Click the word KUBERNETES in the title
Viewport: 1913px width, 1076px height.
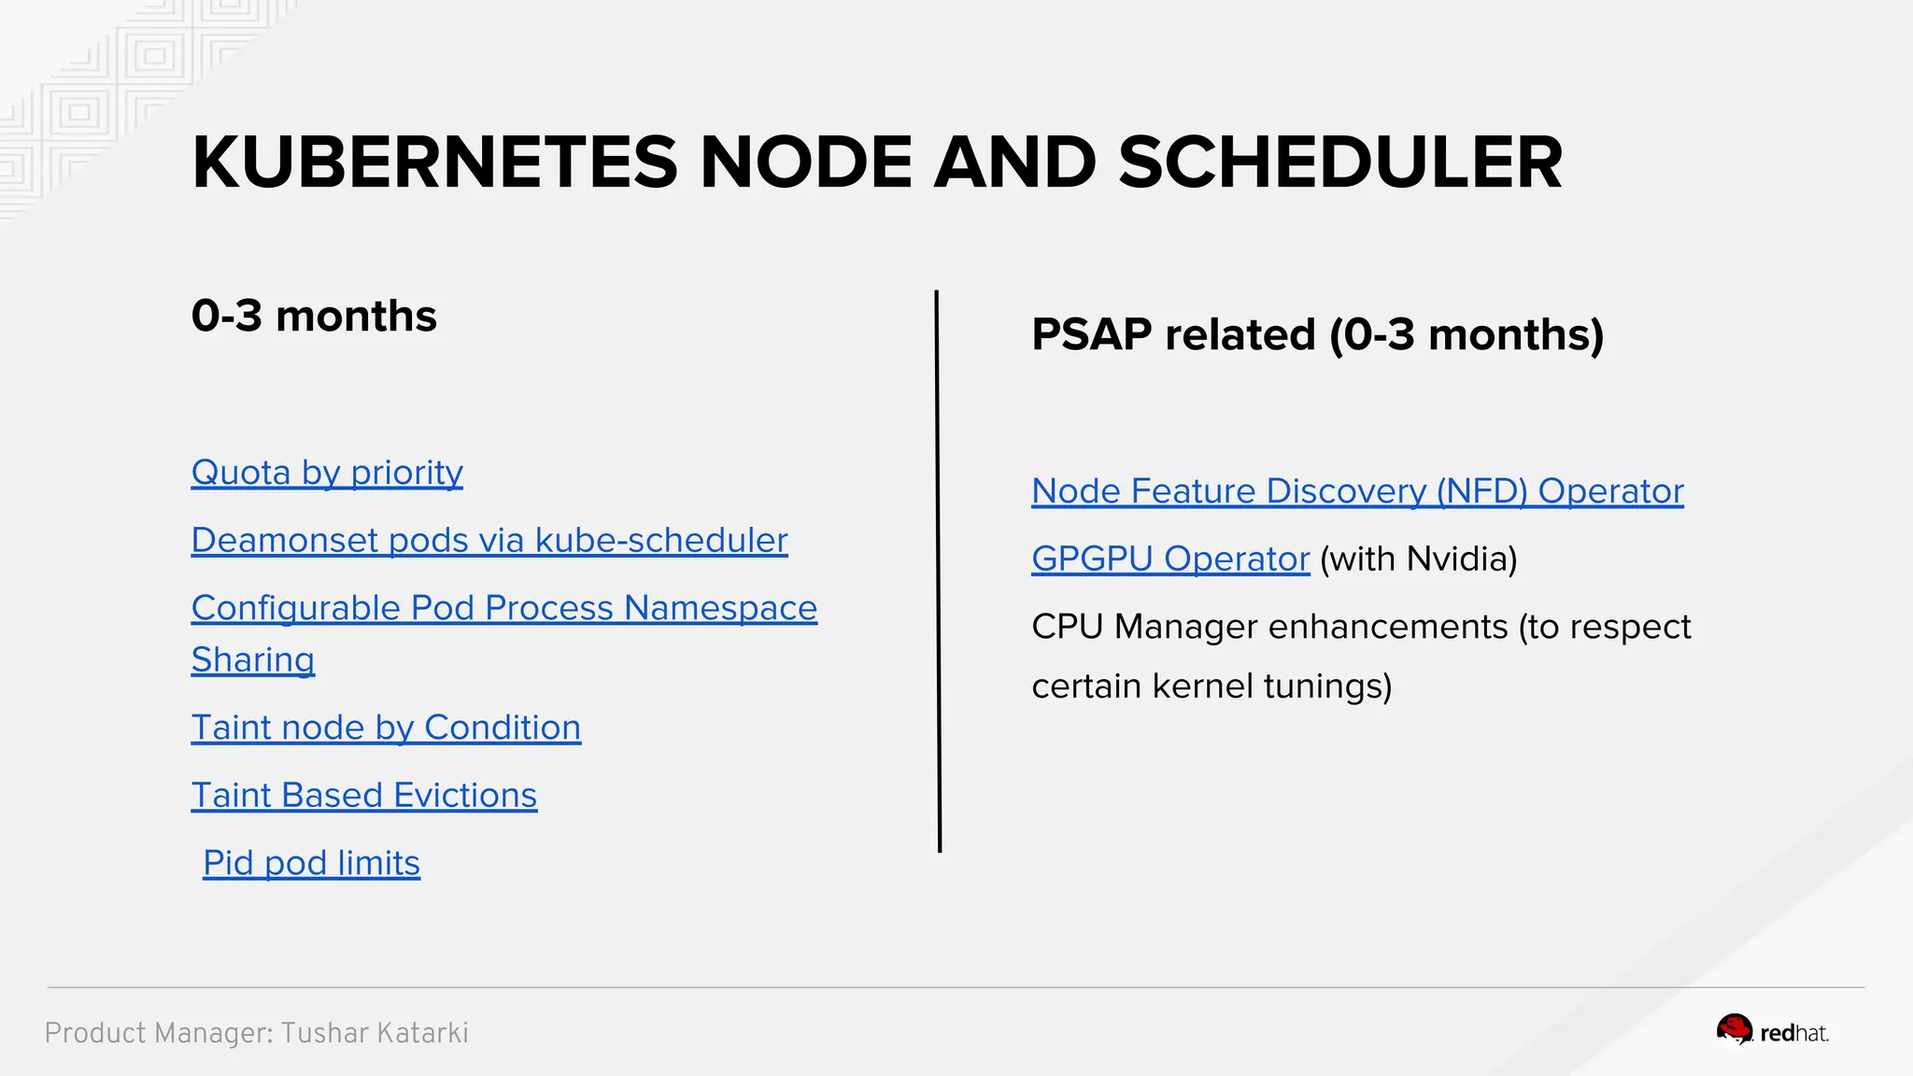[x=434, y=163]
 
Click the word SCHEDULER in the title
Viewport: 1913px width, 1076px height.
[x=1339, y=163]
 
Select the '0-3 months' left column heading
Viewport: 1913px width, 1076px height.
[x=314, y=316]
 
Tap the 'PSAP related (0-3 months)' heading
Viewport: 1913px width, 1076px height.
[x=1317, y=334]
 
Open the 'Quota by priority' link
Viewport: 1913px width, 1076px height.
[x=327, y=473]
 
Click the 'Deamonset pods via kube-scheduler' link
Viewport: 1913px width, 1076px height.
[x=489, y=541]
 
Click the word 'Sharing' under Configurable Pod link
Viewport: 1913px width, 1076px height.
[x=253, y=660]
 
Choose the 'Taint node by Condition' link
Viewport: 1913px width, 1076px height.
[x=386, y=728]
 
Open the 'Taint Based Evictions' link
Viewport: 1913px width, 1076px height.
[x=364, y=796]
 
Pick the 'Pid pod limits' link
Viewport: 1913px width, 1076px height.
[x=311, y=863]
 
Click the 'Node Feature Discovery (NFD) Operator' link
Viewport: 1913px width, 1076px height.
[x=1357, y=491]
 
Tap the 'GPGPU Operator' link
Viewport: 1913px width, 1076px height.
[x=1170, y=559]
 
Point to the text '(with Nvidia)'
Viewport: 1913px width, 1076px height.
[x=1419, y=559]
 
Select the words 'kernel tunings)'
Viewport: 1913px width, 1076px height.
[x=1272, y=687]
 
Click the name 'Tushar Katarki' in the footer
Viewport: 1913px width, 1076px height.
[x=375, y=1033]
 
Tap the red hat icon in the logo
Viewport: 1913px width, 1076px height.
[x=1735, y=1030]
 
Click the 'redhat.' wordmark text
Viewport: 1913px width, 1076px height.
[x=1794, y=1033]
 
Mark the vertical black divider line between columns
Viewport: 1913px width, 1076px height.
[x=938, y=570]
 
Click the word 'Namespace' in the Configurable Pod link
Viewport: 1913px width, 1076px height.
[x=720, y=608]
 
